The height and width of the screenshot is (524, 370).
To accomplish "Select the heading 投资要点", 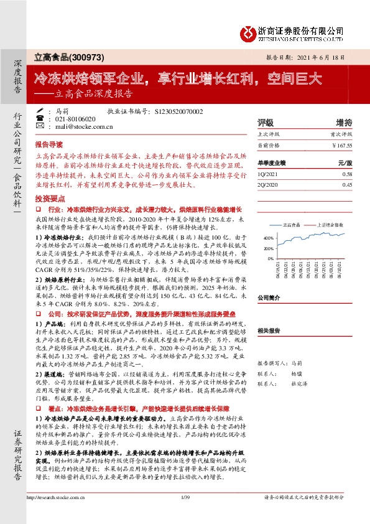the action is point(47,197).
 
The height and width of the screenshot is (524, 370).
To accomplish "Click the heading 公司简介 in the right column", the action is point(269,297).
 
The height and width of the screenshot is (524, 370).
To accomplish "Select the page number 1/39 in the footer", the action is point(184,515).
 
